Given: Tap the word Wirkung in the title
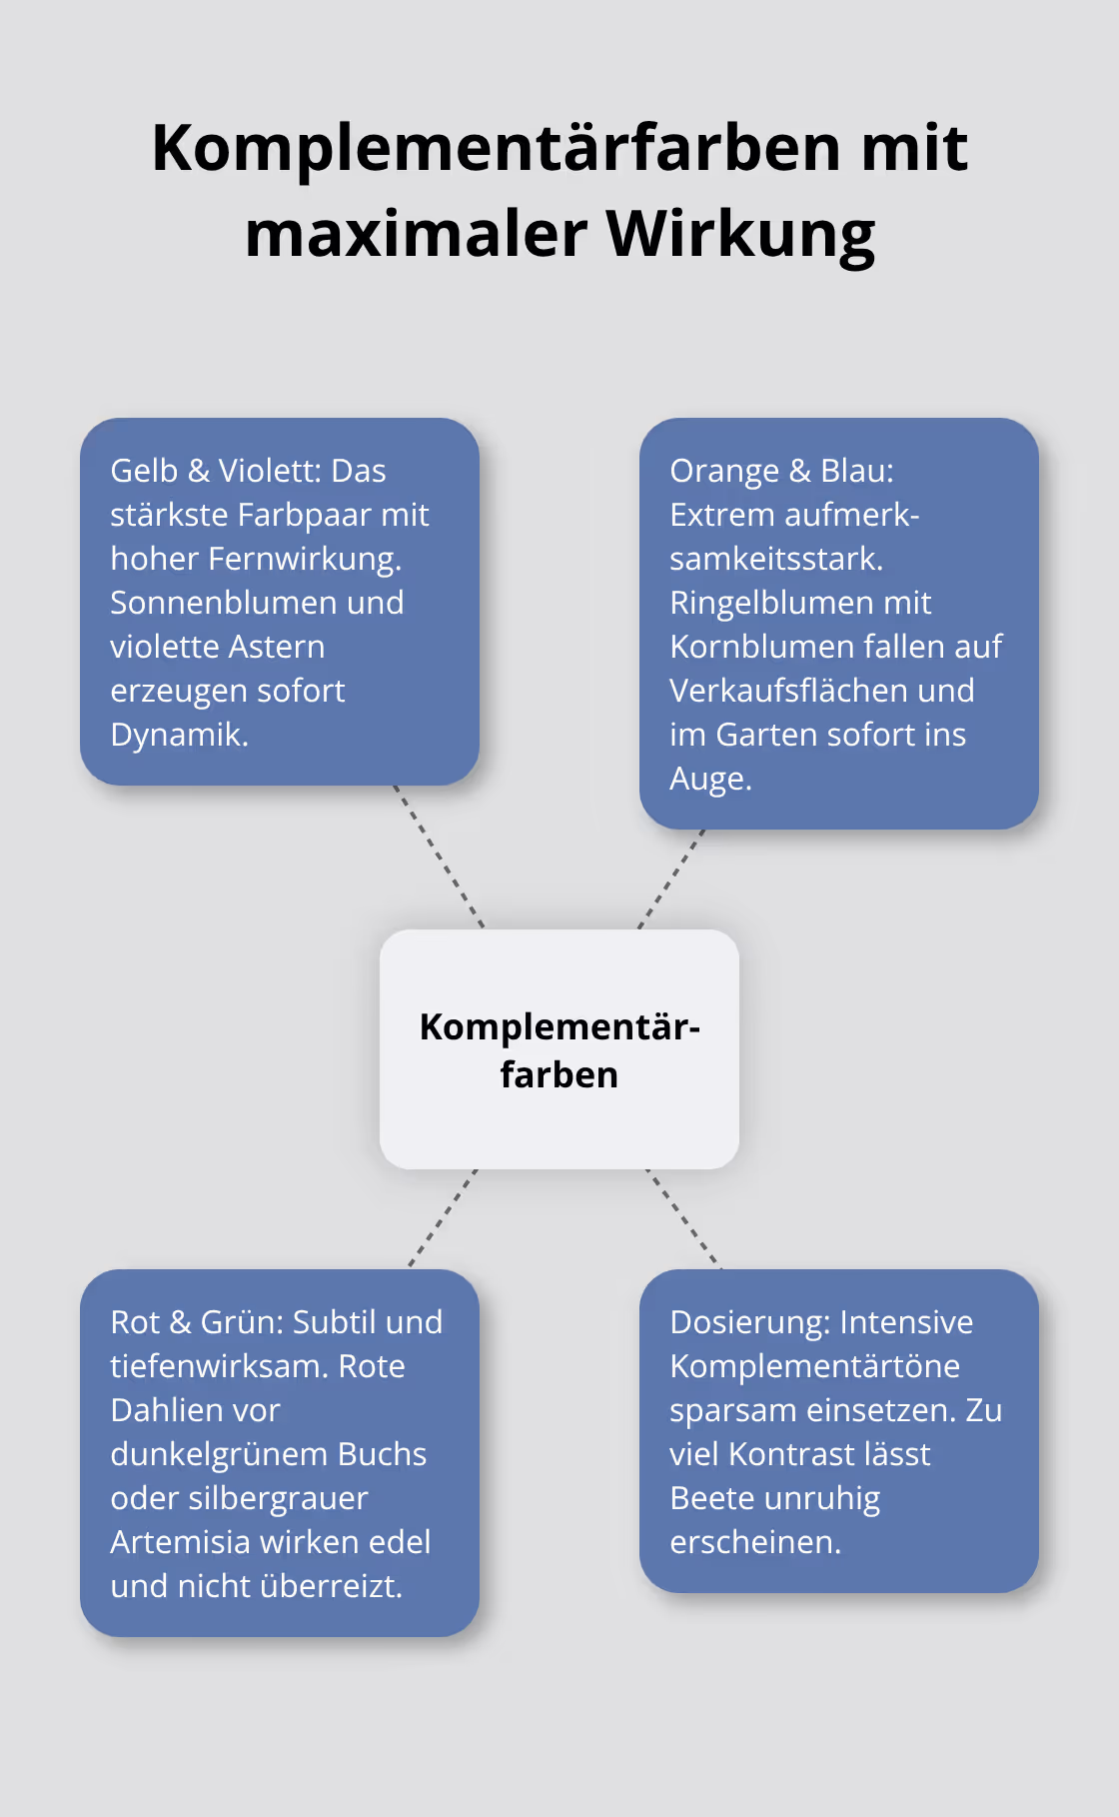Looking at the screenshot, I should tap(740, 234).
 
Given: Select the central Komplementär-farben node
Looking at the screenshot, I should tap(559, 1049).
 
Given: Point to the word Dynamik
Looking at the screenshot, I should tap(178, 735).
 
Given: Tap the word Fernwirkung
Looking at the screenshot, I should tap(304, 559).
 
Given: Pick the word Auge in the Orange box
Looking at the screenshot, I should tap(709, 779).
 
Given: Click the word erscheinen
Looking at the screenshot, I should tap(754, 1542).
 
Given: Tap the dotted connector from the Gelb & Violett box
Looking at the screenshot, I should tap(439, 857).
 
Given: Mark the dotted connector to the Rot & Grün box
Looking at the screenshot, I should tap(443, 1217).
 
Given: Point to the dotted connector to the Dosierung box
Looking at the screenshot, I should tap(683, 1217).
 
